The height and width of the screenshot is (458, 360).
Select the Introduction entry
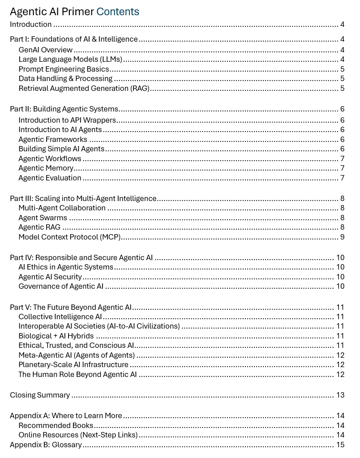tap(31, 25)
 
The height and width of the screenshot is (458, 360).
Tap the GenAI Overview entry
tap(45, 50)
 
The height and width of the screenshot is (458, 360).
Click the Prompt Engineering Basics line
tap(64, 69)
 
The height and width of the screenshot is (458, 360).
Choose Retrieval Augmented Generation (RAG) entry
tap(84, 88)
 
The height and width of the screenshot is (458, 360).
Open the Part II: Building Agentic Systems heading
tap(64, 109)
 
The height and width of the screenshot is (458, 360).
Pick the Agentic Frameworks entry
tap(53, 139)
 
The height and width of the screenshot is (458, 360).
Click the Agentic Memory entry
tap(46, 168)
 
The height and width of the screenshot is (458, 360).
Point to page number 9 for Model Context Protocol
tap(342, 237)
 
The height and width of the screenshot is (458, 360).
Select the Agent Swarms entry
tap(43, 218)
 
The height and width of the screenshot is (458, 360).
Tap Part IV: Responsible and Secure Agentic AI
tap(81, 257)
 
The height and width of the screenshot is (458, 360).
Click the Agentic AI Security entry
tap(50, 277)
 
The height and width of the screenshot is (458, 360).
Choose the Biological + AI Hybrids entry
tap(56, 336)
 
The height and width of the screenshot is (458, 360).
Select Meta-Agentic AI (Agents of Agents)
tap(77, 355)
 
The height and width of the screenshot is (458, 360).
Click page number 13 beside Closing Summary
tap(340, 395)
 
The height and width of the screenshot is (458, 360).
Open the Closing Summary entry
tap(40, 395)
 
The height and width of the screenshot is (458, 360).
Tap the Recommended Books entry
tap(56, 425)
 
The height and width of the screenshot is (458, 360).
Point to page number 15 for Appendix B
tap(340, 445)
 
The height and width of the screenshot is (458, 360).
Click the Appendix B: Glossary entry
tap(46, 445)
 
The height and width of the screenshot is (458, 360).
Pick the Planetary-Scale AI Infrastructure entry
tap(73, 364)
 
